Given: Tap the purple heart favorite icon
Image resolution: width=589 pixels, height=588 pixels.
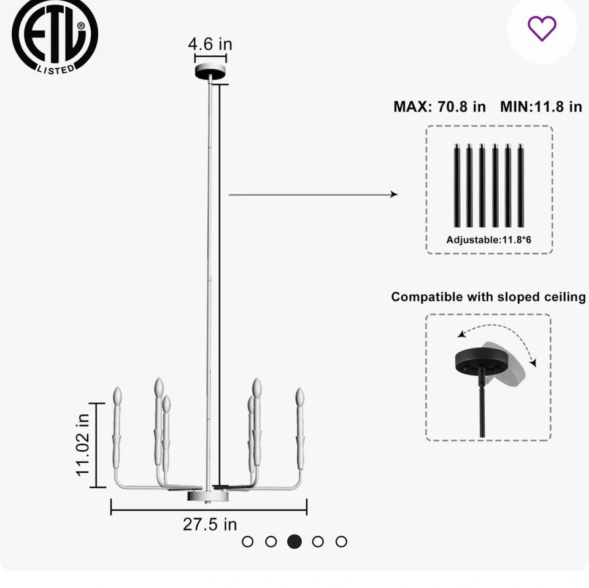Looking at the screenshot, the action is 542,29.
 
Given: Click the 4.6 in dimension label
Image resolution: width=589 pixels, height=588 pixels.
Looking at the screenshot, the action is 210,44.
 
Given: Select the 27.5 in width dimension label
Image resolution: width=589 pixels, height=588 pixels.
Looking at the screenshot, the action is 210,524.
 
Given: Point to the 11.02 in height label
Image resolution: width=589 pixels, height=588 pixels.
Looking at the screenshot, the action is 83,445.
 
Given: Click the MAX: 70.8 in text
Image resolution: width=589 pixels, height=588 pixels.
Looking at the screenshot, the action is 439,107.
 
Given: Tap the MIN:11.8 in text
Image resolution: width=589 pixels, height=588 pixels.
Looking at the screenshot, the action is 541,107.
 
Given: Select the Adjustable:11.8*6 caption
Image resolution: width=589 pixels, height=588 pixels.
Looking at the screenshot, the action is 489,240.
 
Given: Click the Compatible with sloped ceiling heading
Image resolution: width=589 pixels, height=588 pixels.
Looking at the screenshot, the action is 488,297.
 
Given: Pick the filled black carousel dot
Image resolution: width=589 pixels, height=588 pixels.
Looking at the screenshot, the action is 294,541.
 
